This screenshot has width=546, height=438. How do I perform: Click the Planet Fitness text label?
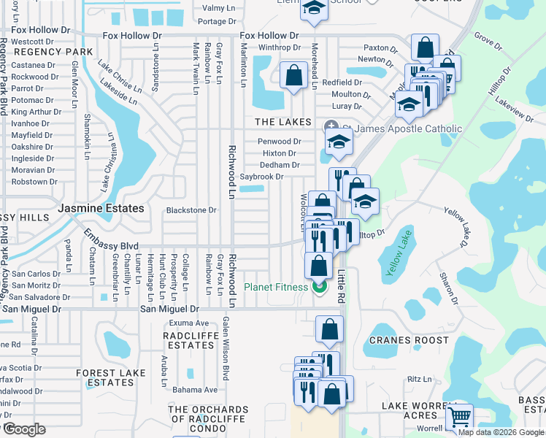pyautogui.click(x=277, y=287)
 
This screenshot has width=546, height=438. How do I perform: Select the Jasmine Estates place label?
pyautogui.click(x=101, y=208)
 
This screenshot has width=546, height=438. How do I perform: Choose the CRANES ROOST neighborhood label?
pyautogui.click(x=408, y=340)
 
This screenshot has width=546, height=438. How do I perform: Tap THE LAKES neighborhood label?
pyautogui.click(x=282, y=122)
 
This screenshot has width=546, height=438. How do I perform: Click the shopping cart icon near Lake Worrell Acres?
pyautogui.click(x=459, y=417)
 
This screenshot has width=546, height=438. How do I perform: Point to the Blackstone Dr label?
pyautogui.click(x=192, y=210)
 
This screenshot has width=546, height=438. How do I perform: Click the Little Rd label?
pyautogui.click(x=341, y=285)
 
